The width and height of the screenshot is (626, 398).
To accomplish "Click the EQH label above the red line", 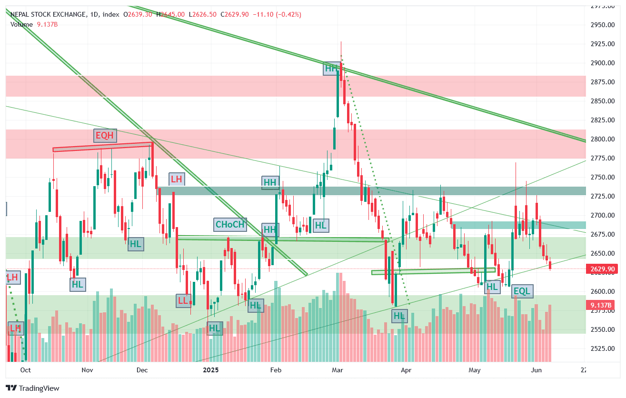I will tap(105, 136).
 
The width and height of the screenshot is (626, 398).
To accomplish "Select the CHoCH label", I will tap(230, 225).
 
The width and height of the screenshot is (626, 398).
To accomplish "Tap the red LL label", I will tap(183, 300).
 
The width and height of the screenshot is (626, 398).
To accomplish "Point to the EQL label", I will tap(522, 291).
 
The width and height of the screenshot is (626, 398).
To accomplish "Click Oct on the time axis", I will tap(26, 370).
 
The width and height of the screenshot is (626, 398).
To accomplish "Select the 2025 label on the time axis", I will tap(211, 370).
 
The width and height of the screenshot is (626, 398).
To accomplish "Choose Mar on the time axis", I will tap(338, 370).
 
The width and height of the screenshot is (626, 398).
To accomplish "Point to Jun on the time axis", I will tap(537, 370).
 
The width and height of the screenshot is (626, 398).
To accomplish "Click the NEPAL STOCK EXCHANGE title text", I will tap(48, 15).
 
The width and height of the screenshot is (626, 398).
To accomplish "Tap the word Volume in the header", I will tap(21, 24).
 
